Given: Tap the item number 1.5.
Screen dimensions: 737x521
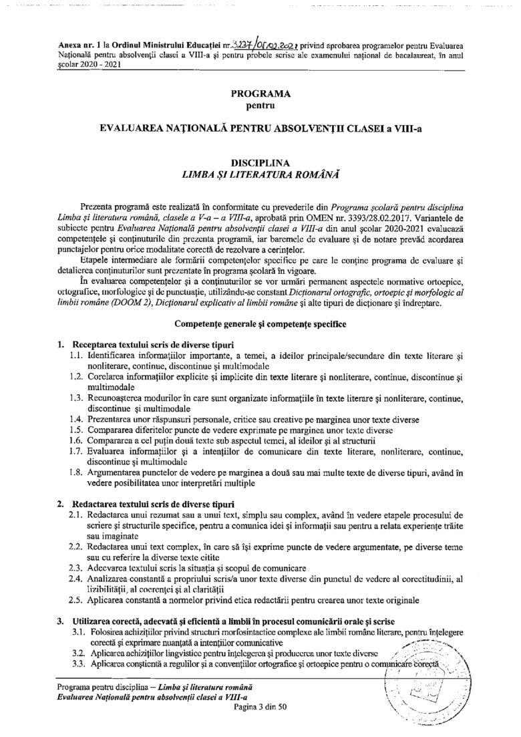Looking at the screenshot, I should [x=77, y=430].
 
